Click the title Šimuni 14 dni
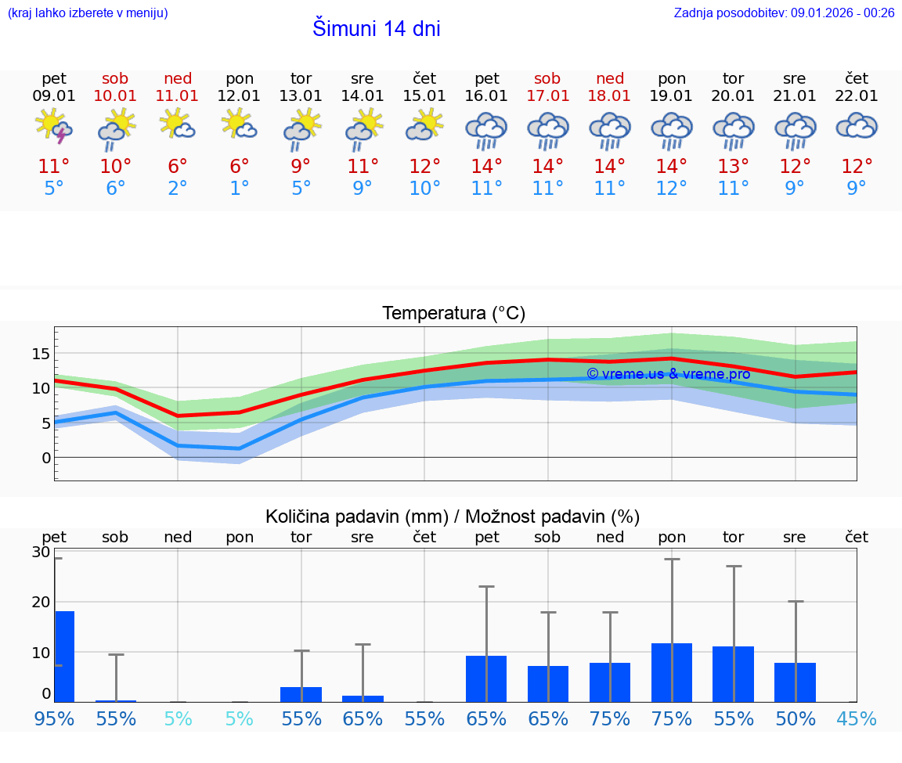(x=376, y=29)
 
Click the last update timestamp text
(x=784, y=13)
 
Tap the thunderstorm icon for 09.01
(x=54, y=127)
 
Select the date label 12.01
(x=239, y=95)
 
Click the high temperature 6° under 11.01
(x=178, y=167)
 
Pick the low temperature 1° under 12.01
(x=239, y=189)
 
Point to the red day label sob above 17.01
(x=547, y=78)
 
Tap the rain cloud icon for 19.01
(x=671, y=129)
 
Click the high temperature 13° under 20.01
(x=733, y=167)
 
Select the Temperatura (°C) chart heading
(x=453, y=314)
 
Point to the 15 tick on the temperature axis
(x=41, y=354)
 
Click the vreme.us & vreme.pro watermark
(x=668, y=374)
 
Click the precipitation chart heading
(x=453, y=516)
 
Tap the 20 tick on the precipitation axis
(x=41, y=602)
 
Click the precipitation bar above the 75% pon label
(x=672, y=672)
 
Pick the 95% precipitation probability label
(x=54, y=718)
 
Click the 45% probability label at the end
(x=857, y=718)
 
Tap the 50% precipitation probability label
(x=795, y=718)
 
